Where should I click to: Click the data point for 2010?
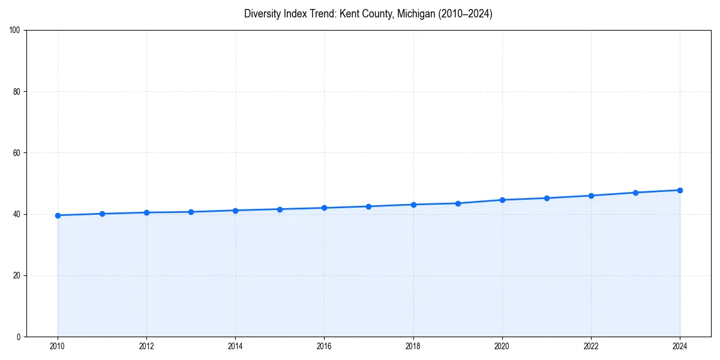pos(58,215)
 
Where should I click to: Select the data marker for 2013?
pos(191,212)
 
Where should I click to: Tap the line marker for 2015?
pos(280,209)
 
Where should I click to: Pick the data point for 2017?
pos(368,206)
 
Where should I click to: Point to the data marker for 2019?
pos(458,203)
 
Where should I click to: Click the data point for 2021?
pos(547,198)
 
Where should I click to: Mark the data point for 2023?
pos(635,193)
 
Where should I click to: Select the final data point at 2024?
pos(680,190)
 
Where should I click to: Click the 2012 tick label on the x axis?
pos(146,346)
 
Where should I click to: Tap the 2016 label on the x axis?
pos(324,346)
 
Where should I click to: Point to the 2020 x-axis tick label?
pos(502,346)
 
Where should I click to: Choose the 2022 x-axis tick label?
pos(591,346)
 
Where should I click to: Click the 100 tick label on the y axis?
pos(16,31)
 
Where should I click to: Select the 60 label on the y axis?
pos(17,153)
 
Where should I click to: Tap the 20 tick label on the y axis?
pos(17,275)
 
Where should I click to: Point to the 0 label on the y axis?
pos(19,337)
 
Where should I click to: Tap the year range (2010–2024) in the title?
pos(466,14)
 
